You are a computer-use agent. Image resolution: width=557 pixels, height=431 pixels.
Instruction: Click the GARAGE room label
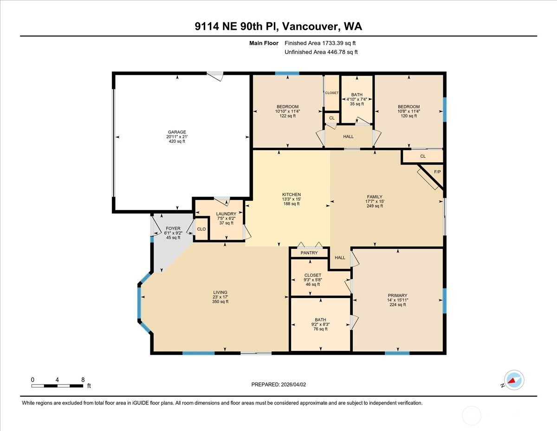(x=177, y=132)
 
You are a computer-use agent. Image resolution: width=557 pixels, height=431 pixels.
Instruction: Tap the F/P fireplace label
(x=437, y=172)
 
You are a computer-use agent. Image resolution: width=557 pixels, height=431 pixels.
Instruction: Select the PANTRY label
(x=309, y=253)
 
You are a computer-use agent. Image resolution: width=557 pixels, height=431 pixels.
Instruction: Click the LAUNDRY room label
(x=226, y=214)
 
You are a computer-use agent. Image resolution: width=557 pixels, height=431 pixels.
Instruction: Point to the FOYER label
(x=173, y=228)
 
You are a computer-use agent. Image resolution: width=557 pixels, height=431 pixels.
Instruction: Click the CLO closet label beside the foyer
(x=201, y=229)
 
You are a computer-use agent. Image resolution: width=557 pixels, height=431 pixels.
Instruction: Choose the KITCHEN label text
(x=291, y=194)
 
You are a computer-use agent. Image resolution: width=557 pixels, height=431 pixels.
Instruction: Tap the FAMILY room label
(x=375, y=197)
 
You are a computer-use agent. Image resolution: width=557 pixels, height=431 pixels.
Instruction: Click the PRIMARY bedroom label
(x=398, y=295)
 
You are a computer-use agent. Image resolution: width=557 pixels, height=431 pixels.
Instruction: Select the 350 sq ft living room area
(x=220, y=302)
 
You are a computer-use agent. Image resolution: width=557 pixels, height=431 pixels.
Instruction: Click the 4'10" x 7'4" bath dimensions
(x=357, y=99)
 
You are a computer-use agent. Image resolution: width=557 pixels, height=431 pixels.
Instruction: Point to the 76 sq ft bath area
(x=320, y=329)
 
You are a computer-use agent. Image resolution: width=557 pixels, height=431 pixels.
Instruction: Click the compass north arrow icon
(x=513, y=380)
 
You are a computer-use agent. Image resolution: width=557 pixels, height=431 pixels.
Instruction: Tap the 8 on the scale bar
(x=82, y=379)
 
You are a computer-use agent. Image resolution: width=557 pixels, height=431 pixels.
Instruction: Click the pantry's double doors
(x=310, y=245)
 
